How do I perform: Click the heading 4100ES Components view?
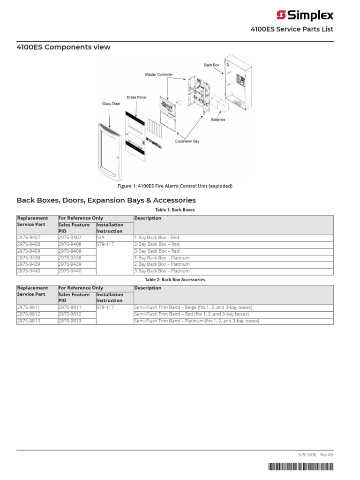pos(64,47)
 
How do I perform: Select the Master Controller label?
pos(158,75)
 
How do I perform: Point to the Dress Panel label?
pos(136,97)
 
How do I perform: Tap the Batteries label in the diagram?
pos(218,120)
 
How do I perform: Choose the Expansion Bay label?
pos(187,141)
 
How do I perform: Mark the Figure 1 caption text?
pos(175,186)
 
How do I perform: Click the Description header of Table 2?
pos(148,288)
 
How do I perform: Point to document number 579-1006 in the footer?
pos(307,455)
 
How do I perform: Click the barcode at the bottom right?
pos(300,467)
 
